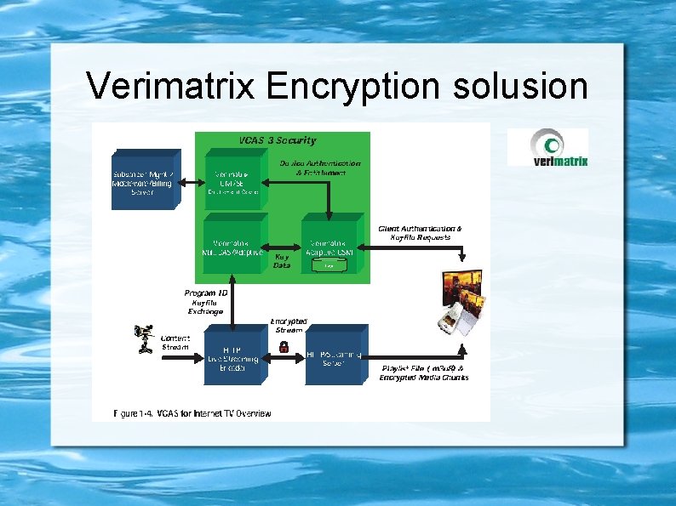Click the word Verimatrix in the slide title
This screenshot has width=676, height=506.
[170, 86]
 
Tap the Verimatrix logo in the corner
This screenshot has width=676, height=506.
[547, 147]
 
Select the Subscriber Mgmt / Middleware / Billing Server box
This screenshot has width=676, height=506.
[143, 179]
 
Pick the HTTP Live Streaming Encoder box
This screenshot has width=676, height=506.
[232, 355]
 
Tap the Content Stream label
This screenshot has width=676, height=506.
[175, 342]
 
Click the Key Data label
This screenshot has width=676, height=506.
[282, 260]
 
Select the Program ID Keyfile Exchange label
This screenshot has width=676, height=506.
[206, 302]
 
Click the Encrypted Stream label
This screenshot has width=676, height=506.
[289, 326]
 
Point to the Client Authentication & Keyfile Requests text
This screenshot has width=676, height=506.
[421, 233]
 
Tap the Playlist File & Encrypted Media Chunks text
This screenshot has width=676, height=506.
[424, 372]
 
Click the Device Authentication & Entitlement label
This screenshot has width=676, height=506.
[320, 168]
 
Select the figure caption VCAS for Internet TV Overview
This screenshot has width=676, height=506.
[193, 413]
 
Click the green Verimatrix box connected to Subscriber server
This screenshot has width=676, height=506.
[233, 179]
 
